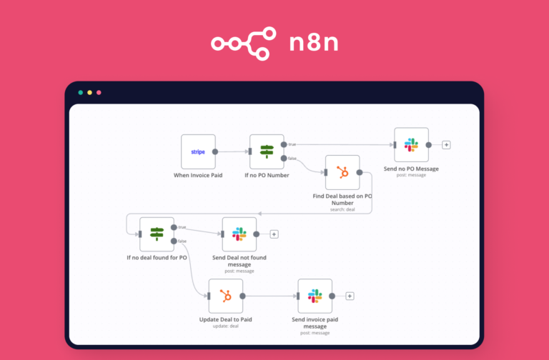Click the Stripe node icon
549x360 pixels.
point(198,151)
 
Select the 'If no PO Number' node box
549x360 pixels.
point(267,151)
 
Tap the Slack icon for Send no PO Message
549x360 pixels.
point(411,145)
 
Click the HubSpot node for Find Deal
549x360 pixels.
point(342,172)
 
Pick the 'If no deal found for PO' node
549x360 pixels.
point(157,234)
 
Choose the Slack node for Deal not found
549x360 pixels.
point(239,234)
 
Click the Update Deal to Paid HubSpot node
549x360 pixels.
point(225,296)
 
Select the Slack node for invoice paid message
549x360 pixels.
point(315,296)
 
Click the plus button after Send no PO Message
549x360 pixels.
point(447,145)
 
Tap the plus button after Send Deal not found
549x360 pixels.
point(274,234)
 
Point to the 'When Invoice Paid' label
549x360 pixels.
point(198,175)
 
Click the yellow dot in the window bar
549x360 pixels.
point(90,93)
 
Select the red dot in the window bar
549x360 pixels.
point(99,93)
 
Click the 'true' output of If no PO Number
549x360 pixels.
point(285,145)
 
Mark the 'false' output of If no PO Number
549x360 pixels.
point(285,158)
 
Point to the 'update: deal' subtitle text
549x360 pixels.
point(225,326)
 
